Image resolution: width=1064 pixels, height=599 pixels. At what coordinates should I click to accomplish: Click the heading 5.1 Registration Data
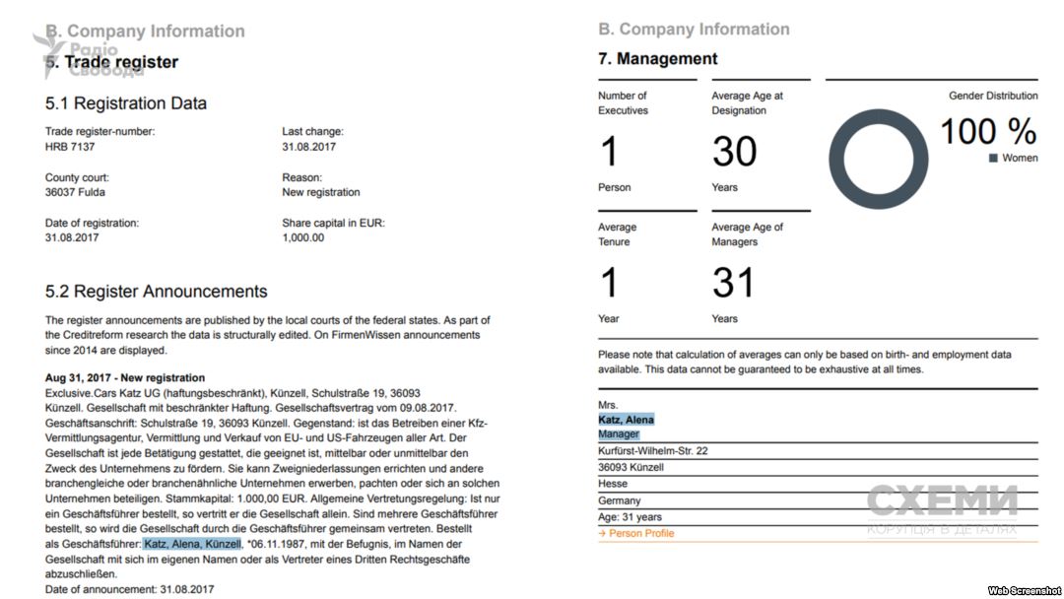[x=126, y=103]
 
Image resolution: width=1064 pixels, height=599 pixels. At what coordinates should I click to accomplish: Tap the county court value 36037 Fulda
[x=75, y=192]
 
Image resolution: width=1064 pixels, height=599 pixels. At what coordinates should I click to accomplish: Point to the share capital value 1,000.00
[x=302, y=237]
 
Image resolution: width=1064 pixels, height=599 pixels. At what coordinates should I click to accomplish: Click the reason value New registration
[x=320, y=192]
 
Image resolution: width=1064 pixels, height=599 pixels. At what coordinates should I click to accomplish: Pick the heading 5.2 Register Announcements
[x=156, y=292]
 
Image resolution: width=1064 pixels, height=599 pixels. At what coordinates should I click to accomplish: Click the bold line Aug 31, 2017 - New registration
[x=125, y=377]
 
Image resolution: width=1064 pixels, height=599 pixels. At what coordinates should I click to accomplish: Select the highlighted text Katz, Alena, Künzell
[x=192, y=544]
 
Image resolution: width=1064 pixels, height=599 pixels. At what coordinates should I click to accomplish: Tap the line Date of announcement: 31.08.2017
[x=129, y=589]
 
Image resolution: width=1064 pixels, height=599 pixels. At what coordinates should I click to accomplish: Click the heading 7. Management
[x=657, y=59]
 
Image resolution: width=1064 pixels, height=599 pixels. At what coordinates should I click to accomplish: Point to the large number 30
[x=734, y=152]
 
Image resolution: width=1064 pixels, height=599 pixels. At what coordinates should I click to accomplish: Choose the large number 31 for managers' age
[x=733, y=284]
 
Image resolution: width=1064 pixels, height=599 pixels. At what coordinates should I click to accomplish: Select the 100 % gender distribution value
[x=987, y=131]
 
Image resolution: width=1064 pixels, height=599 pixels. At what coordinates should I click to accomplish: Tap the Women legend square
[x=993, y=158]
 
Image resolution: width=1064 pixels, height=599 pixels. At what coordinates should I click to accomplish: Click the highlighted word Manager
[x=619, y=433]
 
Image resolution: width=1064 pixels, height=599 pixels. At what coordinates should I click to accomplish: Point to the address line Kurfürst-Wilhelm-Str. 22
[x=653, y=450]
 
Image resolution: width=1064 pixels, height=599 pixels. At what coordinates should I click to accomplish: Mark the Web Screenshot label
[x=1024, y=589]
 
